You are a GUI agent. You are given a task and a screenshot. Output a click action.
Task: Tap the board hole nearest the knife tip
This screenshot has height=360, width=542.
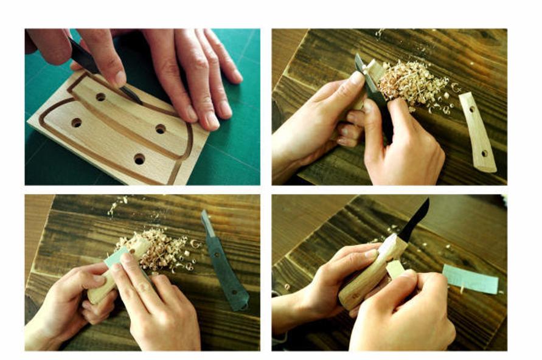100,97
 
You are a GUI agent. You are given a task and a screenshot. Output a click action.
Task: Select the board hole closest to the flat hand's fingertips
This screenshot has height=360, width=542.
161,129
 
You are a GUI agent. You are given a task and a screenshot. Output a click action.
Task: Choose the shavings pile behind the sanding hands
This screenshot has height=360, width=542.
161,249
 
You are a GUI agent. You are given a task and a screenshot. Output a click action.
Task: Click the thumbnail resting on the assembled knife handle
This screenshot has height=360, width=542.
371,254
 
